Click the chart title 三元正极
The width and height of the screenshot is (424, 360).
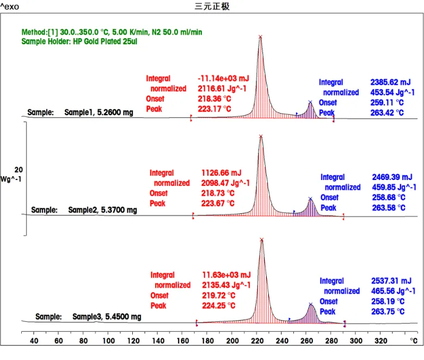click(x=212, y=7)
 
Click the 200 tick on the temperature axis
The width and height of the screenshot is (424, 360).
click(x=109, y=341)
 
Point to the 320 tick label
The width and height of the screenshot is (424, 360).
click(x=381, y=341)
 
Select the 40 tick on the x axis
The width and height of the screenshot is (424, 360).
click(x=34, y=341)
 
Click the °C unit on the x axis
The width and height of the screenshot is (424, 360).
click(x=414, y=341)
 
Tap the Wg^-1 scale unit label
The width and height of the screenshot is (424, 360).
click(x=11, y=178)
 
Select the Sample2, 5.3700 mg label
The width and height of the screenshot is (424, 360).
click(x=102, y=210)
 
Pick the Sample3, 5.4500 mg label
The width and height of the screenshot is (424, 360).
click(x=107, y=316)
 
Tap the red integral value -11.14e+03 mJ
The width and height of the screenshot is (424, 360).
click(x=223, y=79)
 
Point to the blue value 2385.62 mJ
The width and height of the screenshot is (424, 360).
click(x=390, y=83)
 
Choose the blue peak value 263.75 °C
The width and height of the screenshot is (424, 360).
click(x=388, y=312)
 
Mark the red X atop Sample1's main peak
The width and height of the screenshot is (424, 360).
click(x=260, y=37)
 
